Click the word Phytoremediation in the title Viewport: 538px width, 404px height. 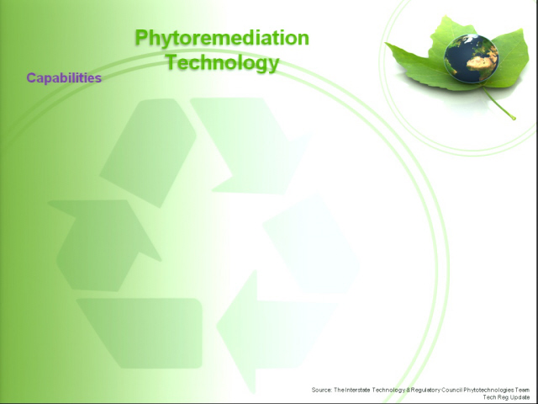pos(222,38)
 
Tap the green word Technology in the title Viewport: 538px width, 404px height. pos(222,62)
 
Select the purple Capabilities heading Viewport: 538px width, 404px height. pos(64,78)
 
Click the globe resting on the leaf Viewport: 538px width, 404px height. pos(471,58)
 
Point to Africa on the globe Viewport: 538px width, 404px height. pos(482,61)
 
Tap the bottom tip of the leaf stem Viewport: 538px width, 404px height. pos(514,119)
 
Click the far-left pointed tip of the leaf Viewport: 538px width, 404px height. pos(386,43)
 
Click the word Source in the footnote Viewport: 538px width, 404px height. pos(321,390)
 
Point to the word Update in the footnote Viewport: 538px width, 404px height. pos(520,397)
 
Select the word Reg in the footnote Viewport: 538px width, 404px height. pos(504,397)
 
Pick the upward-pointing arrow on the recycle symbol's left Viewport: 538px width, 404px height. pos(104,245)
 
